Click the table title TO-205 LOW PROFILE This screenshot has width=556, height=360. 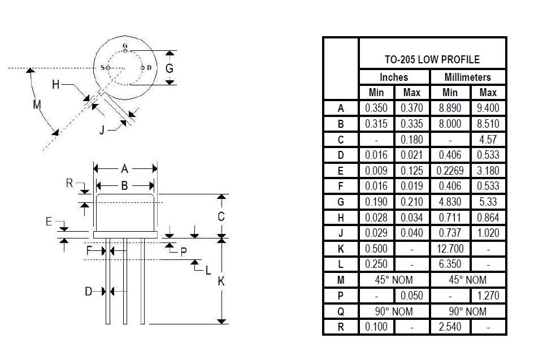pyautogui.click(x=432, y=59)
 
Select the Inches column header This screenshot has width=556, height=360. pyautogui.click(x=394, y=77)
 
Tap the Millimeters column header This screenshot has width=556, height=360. pyautogui.click(x=467, y=77)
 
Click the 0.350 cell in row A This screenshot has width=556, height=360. pyautogui.click(x=376, y=108)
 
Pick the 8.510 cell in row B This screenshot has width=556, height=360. pyautogui.click(x=488, y=124)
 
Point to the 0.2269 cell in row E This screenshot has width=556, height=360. pyautogui.click(x=450, y=171)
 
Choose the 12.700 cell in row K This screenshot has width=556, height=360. pyautogui.click(x=450, y=249)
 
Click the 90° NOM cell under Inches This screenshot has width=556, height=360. pyautogui.click(x=394, y=311)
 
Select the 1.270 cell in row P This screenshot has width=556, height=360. pyautogui.click(x=488, y=296)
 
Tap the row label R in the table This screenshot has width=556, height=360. pyautogui.click(x=340, y=327)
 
